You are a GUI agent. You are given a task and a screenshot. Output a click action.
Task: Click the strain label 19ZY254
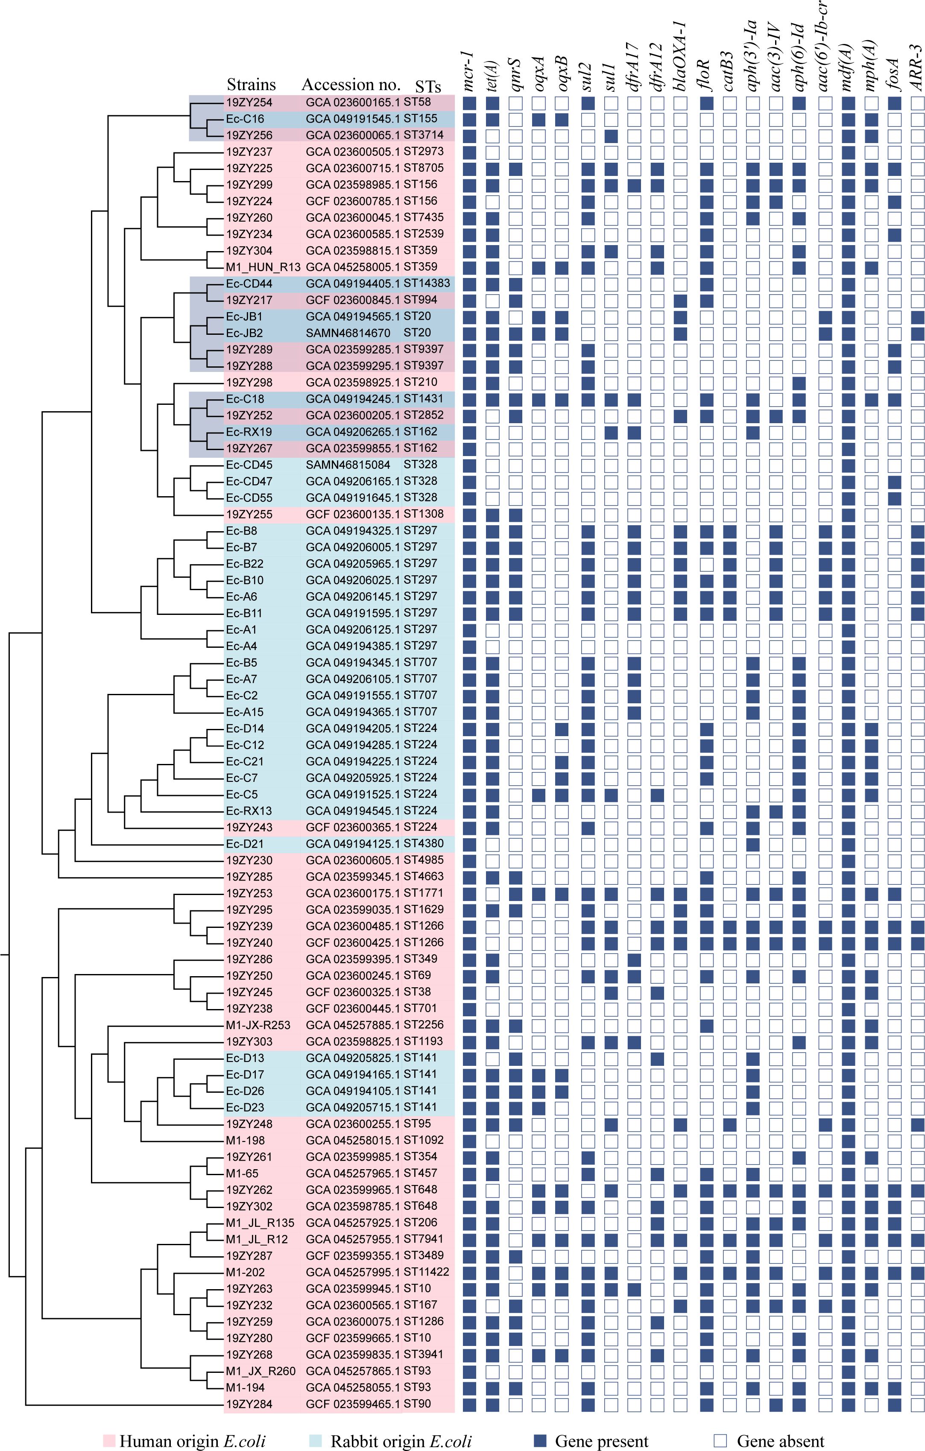[x=249, y=102]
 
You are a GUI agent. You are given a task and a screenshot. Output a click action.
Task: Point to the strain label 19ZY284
[x=249, y=1404]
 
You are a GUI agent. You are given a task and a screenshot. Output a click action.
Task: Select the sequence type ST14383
[x=427, y=283]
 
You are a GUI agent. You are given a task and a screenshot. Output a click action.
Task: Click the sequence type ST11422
[x=427, y=1272]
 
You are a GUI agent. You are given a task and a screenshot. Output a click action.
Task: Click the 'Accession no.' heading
[x=351, y=85]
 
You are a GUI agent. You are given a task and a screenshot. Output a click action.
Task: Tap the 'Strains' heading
[x=251, y=85]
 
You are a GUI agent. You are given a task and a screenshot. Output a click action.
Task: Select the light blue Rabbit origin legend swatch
[x=315, y=1441]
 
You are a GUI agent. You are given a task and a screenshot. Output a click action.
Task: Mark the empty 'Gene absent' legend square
[x=720, y=1441]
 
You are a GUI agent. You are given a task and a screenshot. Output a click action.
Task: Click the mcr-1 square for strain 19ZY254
[x=469, y=103]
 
